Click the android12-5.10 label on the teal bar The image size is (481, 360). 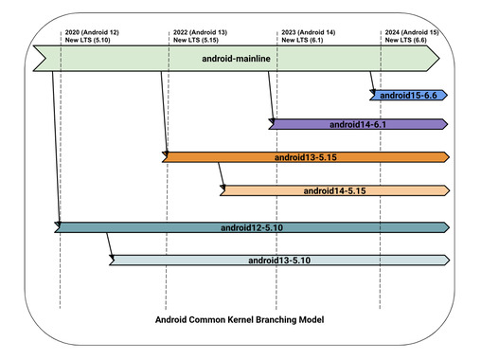tap(250, 227)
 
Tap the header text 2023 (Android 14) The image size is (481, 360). tap(309, 32)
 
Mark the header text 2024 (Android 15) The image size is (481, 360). tap(411, 32)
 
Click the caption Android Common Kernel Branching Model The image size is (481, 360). tap(240, 320)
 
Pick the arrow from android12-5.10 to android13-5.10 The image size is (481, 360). tap(109, 245)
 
